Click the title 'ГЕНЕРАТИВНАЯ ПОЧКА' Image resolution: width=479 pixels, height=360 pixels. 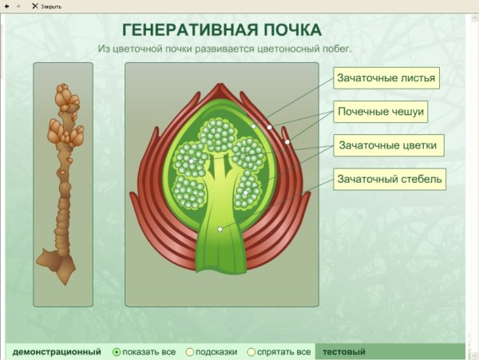click(221, 30)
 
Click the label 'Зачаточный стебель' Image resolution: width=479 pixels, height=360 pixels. click(388, 179)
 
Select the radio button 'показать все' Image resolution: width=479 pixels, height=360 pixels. click(117, 351)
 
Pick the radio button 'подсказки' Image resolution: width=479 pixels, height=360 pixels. click(190, 351)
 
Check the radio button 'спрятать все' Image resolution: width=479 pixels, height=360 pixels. click(251, 351)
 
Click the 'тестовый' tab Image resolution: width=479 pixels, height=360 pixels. click(342, 351)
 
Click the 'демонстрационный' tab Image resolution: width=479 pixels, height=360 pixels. click(57, 351)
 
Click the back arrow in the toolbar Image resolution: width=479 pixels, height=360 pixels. click(7, 6)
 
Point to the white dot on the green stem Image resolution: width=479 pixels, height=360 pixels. click(220, 230)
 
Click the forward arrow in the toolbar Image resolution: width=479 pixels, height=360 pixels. click(18, 6)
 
